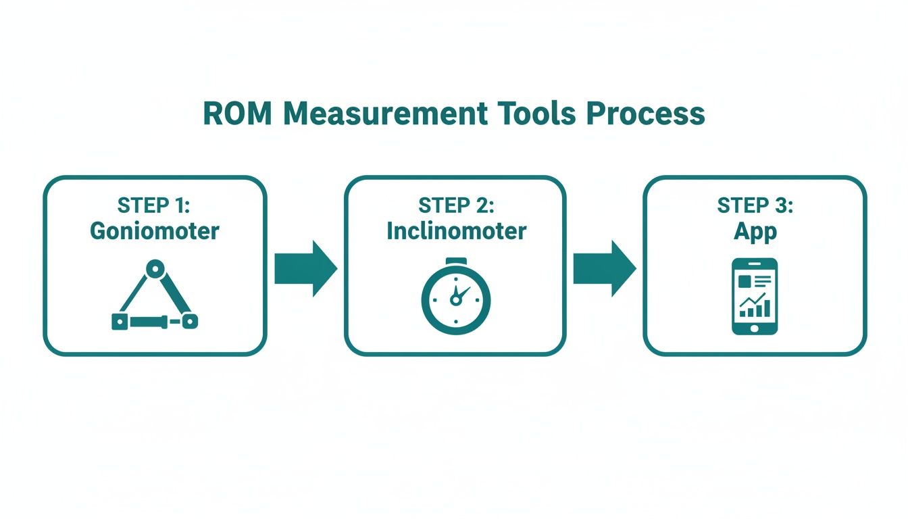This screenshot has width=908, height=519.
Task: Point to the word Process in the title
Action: [646, 114]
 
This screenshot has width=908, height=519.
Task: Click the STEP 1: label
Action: [155, 205]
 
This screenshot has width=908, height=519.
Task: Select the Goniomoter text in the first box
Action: [155, 231]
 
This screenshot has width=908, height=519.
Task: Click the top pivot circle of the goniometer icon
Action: [156, 269]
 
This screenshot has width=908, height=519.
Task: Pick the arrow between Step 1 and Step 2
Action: [305, 268]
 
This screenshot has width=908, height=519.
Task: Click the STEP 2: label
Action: [456, 205]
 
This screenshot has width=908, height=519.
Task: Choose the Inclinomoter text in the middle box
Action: [456, 231]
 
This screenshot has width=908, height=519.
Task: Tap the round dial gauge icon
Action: [456, 297]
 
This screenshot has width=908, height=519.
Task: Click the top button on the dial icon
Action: [456, 261]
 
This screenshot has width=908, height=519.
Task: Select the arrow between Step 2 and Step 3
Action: [604, 268]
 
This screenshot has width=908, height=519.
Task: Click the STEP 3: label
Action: [755, 205]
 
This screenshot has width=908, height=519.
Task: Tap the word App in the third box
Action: [755, 231]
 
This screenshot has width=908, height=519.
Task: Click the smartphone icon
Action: [755, 296]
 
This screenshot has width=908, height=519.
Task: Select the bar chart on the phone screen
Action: [754, 307]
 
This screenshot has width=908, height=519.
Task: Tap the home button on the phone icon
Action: [755, 328]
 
